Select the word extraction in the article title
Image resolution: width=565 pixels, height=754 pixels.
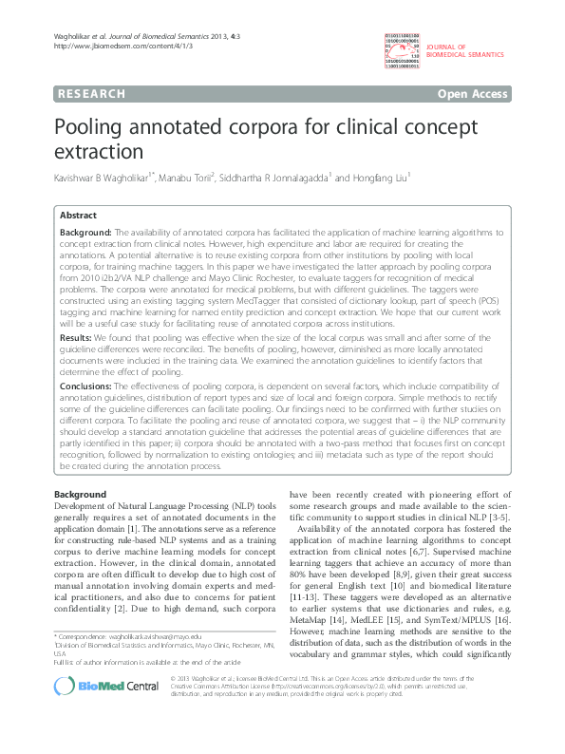point(101,152)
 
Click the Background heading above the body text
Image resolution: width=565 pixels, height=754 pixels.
point(80,495)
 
